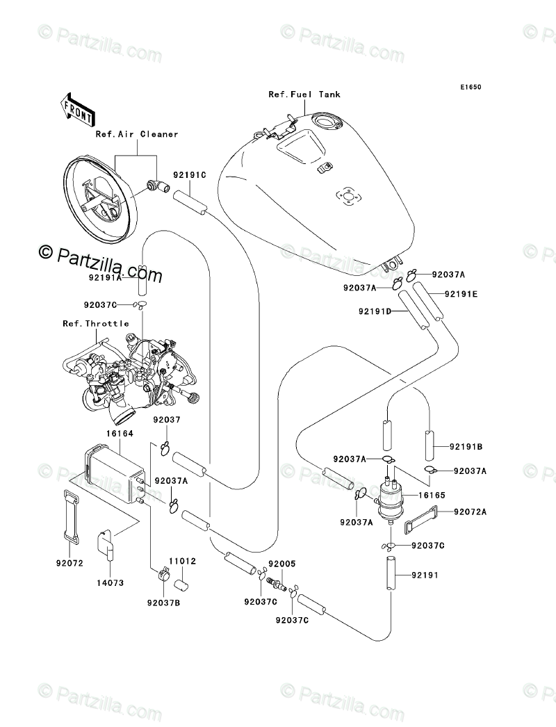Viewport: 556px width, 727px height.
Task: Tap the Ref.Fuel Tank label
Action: [304, 95]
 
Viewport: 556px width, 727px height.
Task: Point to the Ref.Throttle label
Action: [95, 323]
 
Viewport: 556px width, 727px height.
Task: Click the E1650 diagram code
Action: [469, 88]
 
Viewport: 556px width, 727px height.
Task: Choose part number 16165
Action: [431, 496]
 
